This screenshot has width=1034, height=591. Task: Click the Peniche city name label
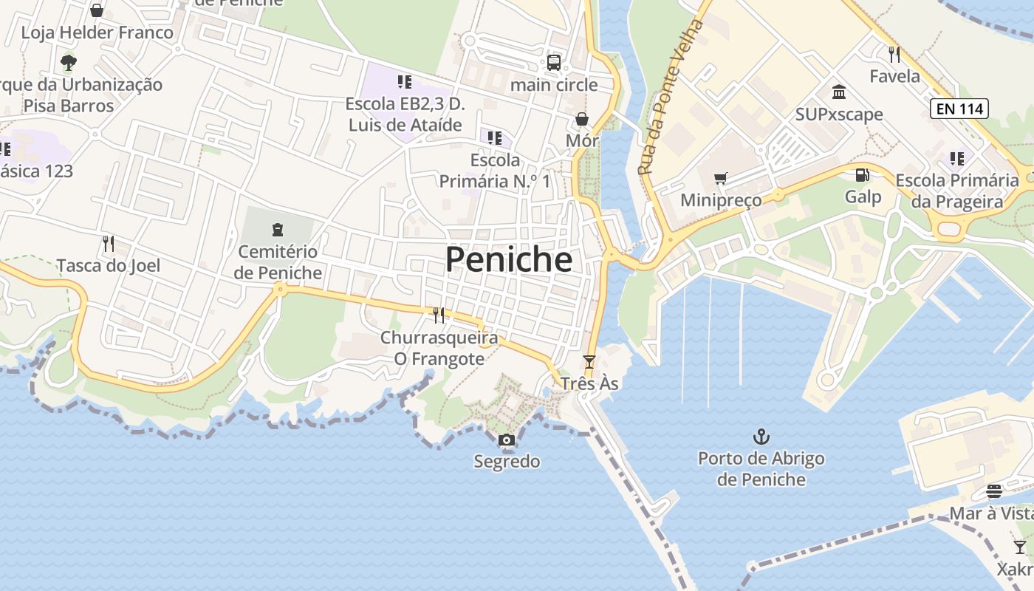coord(508,259)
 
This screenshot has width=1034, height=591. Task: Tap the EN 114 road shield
coord(959,109)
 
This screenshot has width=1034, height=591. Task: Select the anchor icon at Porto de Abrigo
coord(761,437)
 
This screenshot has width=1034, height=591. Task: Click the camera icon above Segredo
coord(506,440)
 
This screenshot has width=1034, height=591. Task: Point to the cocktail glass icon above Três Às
coord(589,362)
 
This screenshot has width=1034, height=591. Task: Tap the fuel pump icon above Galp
coord(862,175)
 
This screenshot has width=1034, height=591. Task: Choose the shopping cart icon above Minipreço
coord(720,178)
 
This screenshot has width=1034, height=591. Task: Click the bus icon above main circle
coord(554,63)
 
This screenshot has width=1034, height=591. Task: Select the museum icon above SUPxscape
coord(839,92)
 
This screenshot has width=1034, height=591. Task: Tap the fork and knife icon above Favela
coord(894,54)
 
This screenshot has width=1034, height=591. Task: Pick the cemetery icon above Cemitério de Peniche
coord(278,229)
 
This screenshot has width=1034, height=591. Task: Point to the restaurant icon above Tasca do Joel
coord(109,243)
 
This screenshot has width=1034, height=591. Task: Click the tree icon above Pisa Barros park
coord(69,62)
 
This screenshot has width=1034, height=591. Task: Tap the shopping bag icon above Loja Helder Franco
coord(97,10)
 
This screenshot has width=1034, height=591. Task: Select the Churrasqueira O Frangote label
coord(432,348)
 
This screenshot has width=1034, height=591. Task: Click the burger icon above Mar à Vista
coord(994,491)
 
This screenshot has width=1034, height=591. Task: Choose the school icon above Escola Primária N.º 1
coord(495,137)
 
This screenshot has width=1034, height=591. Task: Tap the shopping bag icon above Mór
coord(582,119)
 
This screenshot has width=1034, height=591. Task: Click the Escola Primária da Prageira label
coord(956,191)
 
